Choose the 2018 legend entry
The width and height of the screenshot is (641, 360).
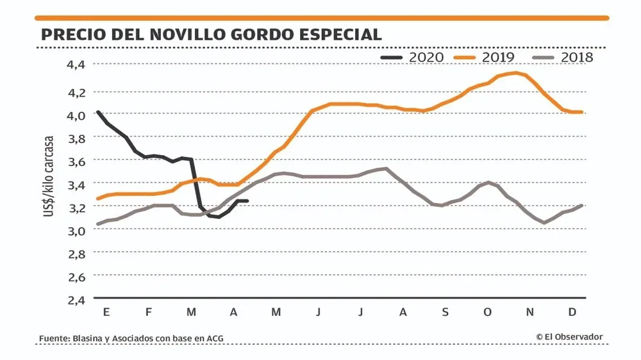563,57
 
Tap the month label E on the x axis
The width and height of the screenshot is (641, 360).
105,312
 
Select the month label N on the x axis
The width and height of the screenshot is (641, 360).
530,312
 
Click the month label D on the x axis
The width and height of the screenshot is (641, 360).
572,312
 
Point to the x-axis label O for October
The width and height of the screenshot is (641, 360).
487,312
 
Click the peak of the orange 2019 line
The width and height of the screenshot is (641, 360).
515,73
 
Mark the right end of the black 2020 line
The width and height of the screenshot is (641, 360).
247,201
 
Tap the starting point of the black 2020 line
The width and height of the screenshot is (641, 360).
97,111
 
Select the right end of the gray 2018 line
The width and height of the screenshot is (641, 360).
582,205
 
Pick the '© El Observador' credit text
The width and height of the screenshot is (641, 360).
569,337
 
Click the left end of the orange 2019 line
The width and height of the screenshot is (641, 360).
97,199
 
